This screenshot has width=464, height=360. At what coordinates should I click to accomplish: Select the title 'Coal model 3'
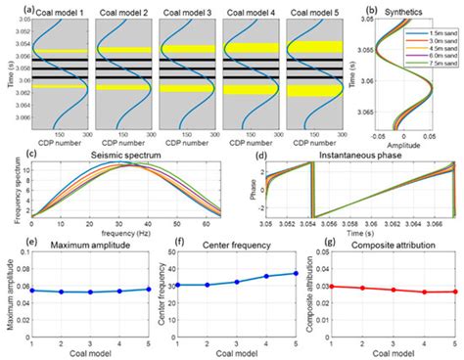pos(184,13)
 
